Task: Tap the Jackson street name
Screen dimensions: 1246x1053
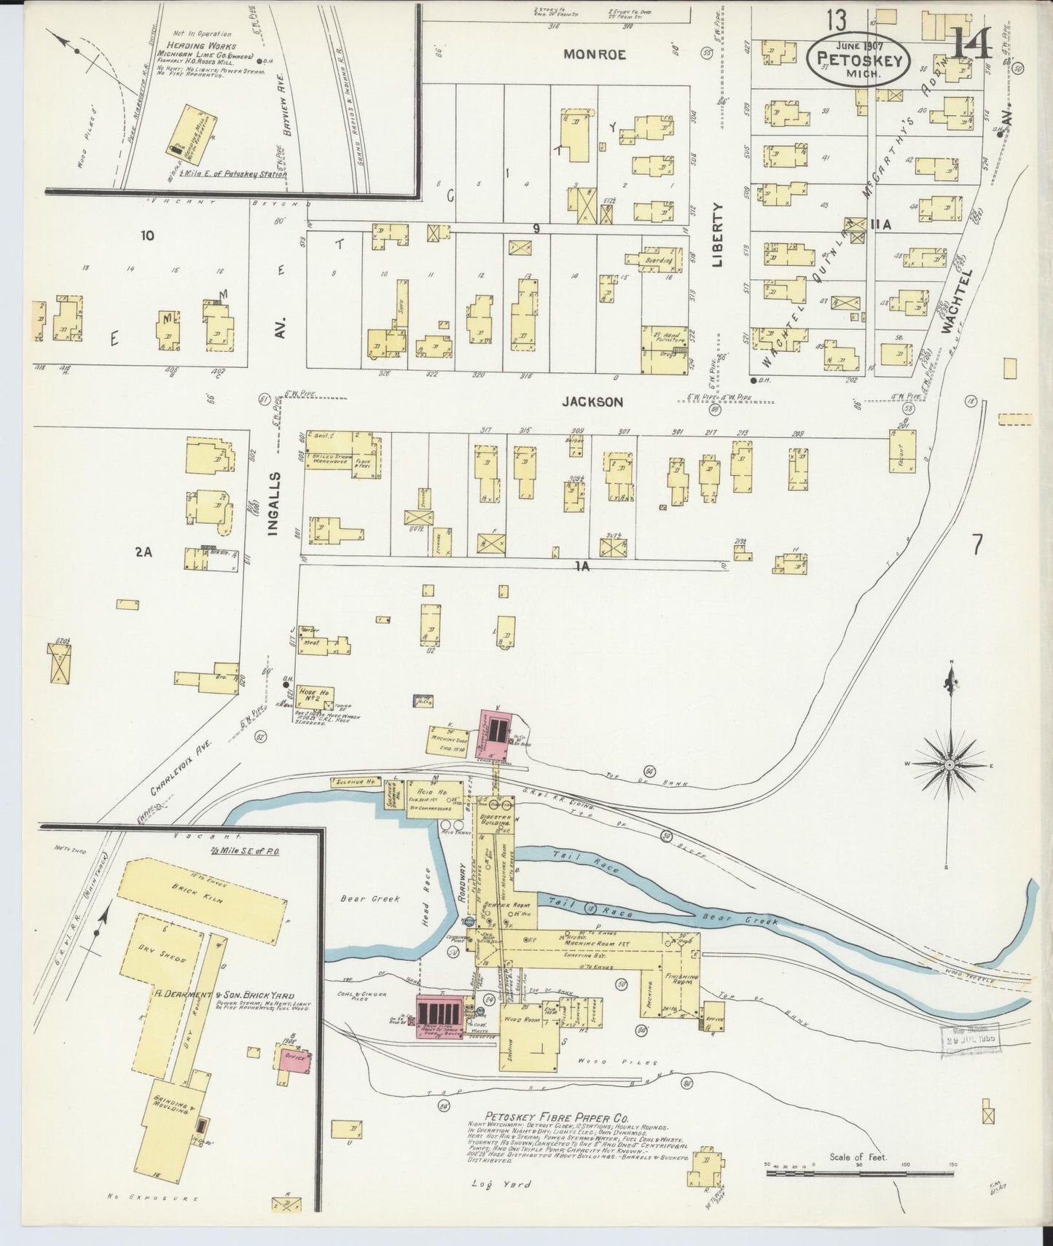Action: [x=592, y=401]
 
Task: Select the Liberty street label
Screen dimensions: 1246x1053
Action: [x=718, y=234]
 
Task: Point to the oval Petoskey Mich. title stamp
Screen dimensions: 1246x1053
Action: [x=858, y=59]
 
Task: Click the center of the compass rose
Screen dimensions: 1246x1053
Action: [x=950, y=765]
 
